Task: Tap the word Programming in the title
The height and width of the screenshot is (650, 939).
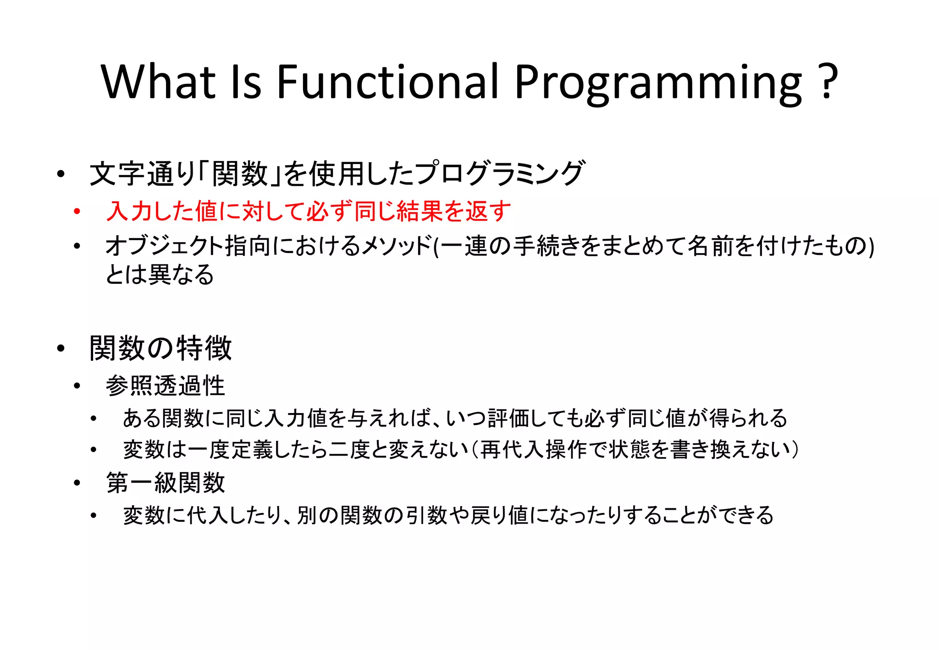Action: tap(658, 83)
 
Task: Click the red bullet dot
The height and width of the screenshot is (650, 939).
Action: tap(77, 211)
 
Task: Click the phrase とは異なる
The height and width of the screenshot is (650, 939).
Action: tap(160, 275)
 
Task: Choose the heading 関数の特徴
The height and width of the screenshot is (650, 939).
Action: tap(160, 348)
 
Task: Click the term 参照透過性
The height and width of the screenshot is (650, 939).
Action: tap(166, 386)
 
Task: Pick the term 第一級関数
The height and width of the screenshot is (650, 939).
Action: tap(166, 483)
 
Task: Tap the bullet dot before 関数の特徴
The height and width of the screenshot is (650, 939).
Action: tap(61, 349)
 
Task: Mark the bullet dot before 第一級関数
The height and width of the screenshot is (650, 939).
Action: tap(77, 483)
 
